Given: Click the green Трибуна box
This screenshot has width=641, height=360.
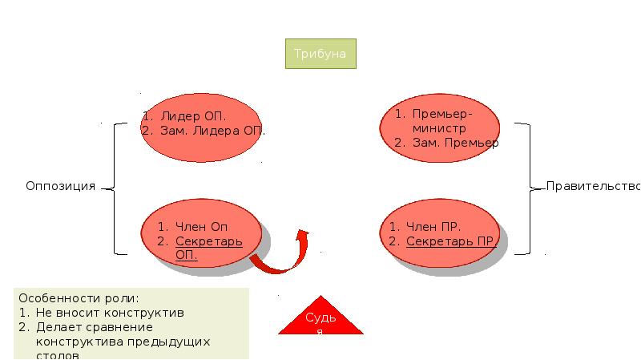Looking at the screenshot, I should (x=320, y=54).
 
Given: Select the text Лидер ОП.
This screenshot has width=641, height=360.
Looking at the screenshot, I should (x=192, y=116).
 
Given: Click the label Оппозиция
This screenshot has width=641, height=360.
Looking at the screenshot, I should (x=60, y=186).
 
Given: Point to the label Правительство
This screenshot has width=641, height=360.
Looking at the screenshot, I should (x=592, y=186).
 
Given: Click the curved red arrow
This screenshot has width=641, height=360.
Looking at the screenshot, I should (x=282, y=257).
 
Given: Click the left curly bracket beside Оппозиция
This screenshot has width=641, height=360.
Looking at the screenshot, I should (x=114, y=188).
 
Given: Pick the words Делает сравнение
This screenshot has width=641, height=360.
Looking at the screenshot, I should (x=95, y=327).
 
